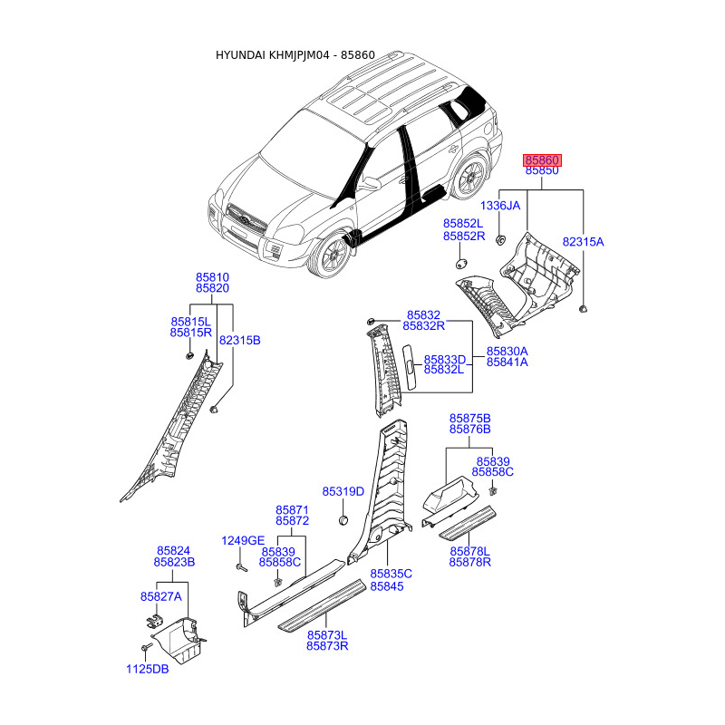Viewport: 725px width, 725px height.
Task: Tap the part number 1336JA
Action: coord(500,206)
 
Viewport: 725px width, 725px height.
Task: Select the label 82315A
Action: coord(583,243)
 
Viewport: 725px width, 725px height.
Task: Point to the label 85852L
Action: coord(463,224)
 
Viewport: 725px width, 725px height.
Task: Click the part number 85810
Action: coord(212,277)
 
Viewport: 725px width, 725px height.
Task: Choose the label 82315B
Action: coord(239,340)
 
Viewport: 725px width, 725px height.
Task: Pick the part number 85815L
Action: coord(190,322)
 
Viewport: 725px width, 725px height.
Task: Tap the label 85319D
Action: coord(343,492)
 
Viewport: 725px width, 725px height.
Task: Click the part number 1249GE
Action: coord(243,541)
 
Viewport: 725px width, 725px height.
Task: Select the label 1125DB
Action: coord(148,670)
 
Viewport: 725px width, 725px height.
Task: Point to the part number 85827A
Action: coord(160,596)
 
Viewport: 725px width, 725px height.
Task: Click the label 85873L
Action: coord(327,635)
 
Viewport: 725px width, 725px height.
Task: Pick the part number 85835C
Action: coord(391,574)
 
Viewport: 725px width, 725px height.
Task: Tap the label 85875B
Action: coord(469,418)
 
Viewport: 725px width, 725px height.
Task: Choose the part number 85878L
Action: coord(469,551)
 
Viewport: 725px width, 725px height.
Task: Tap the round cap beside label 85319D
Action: coord(344,520)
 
